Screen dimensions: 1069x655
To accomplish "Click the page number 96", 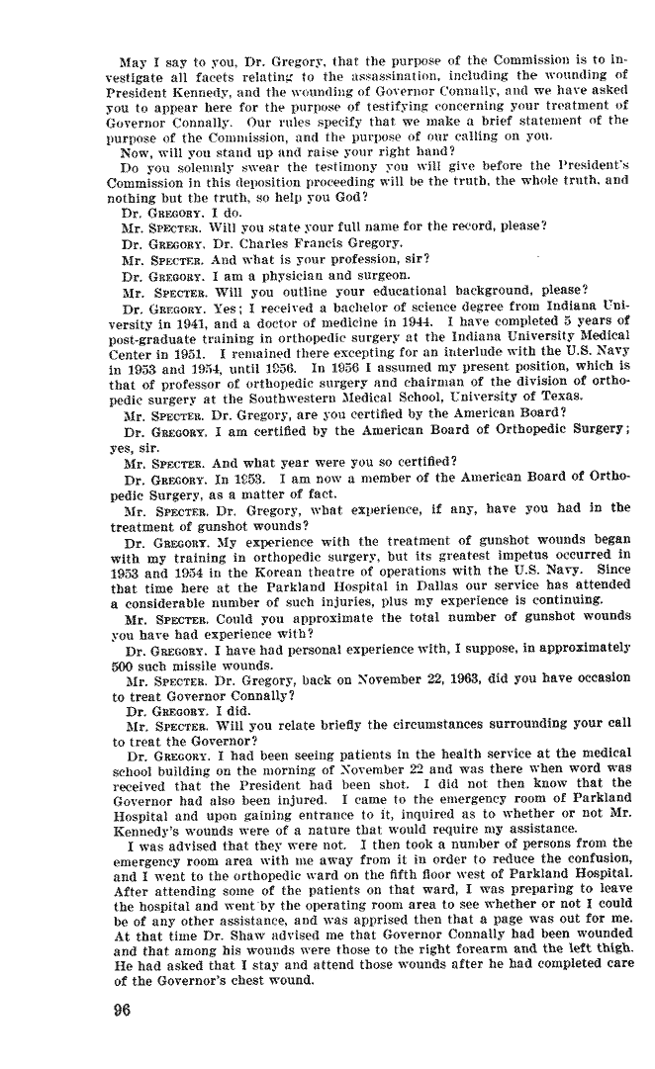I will (124, 1010).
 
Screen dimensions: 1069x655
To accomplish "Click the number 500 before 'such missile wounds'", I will (125, 665).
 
